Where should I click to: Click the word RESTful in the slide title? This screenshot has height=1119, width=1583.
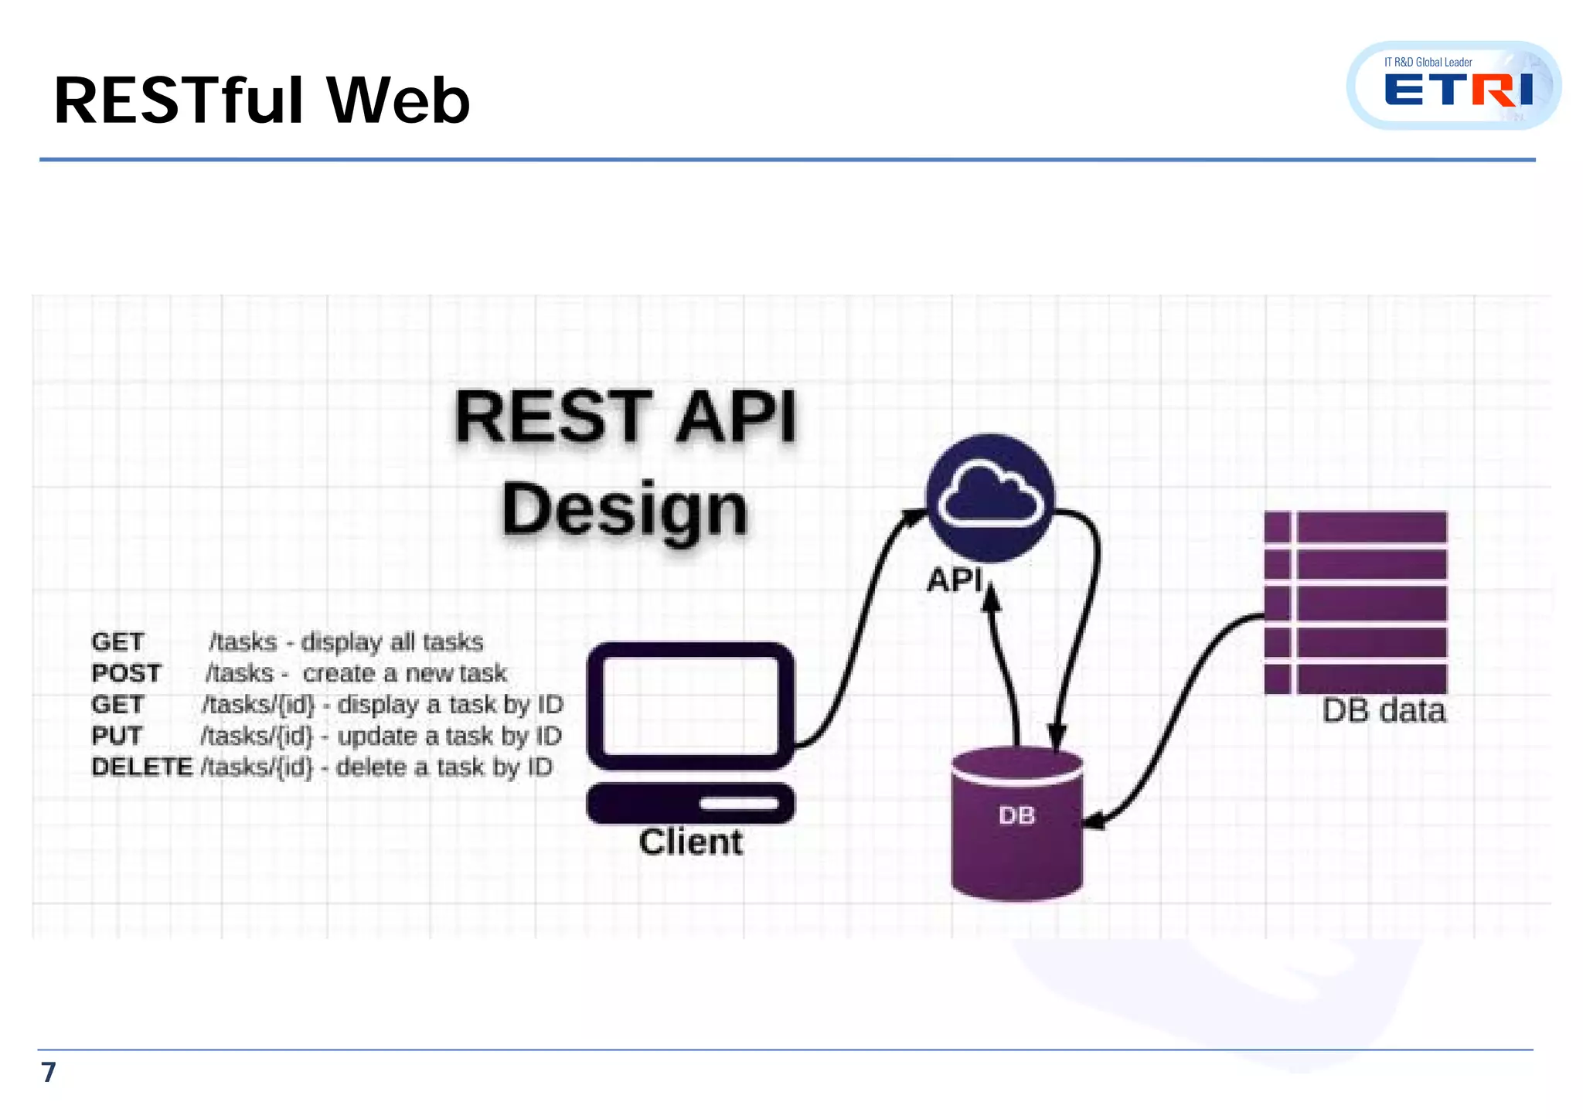[179, 100]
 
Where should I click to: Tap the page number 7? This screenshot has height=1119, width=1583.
[48, 1072]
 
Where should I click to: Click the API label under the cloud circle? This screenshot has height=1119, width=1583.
[955, 580]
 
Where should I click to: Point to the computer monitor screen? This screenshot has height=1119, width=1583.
[690, 704]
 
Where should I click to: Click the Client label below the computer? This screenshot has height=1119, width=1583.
[690, 842]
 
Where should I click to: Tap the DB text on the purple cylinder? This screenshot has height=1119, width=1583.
[1016, 815]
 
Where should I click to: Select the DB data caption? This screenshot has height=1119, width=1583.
[1383, 711]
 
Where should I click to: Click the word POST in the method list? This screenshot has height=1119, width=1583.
[126, 673]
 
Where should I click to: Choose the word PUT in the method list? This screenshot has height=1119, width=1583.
[117, 736]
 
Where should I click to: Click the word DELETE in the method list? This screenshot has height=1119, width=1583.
[141, 767]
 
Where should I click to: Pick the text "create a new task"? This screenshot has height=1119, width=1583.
[404, 673]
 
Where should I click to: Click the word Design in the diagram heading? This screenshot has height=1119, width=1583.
[625, 509]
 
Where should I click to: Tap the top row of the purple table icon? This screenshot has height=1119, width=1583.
[1355, 527]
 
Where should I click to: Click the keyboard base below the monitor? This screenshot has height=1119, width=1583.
[690, 803]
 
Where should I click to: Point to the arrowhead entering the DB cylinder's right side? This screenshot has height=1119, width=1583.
[1091, 822]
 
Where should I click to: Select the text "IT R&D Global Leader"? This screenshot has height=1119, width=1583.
[1428, 62]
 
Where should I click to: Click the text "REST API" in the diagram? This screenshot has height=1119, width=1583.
[625, 417]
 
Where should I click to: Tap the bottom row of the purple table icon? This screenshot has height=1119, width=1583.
[1355, 679]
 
